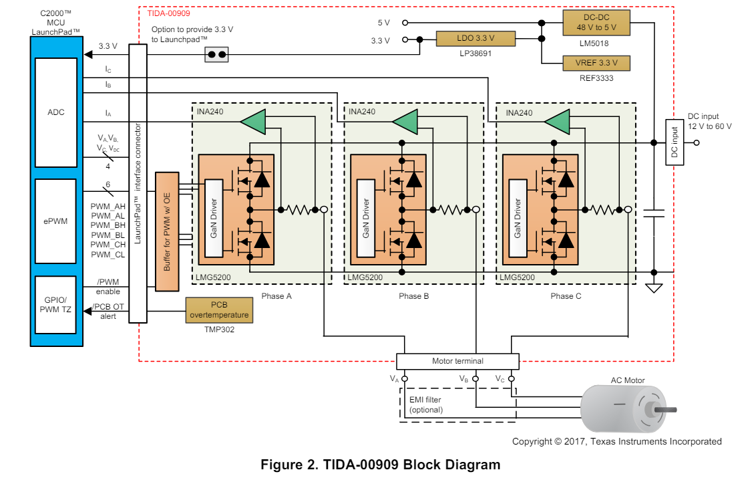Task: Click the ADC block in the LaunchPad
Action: [x=56, y=112]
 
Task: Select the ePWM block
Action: [x=56, y=221]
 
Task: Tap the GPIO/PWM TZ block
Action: [x=56, y=305]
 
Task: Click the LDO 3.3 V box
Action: [x=476, y=39]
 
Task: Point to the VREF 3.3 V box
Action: [x=596, y=63]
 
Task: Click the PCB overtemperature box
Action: [x=219, y=310]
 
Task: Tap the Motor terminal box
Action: [x=457, y=361]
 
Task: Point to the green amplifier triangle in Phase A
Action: [x=253, y=122]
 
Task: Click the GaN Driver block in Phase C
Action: [x=517, y=218]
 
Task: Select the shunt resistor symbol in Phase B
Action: [x=454, y=210]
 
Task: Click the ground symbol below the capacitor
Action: [x=654, y=288]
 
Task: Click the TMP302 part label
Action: [x=219, y=330]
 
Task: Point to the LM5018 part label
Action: [x=596, y=43]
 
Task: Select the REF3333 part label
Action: [x=596, y=78]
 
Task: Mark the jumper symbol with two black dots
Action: [x=216, y=55]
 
